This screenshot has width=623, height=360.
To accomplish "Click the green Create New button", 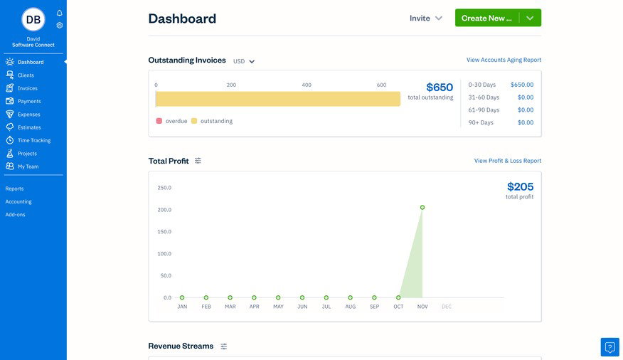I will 487,18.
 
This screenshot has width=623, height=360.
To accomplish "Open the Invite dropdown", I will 426,18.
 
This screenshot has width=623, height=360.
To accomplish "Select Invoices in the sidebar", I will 27,88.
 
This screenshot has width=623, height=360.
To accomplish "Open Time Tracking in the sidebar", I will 33,140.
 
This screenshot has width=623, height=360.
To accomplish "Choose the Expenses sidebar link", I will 28,114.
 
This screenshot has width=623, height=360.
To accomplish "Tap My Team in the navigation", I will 28,166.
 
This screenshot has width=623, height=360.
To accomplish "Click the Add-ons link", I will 15,214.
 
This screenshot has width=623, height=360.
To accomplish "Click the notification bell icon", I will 60,13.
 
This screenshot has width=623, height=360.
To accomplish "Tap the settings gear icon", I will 60,25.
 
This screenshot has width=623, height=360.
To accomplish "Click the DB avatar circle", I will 33,19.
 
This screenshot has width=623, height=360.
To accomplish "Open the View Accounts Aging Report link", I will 504,60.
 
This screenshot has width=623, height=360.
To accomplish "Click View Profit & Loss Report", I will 507,161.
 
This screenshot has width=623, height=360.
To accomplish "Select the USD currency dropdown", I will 244,61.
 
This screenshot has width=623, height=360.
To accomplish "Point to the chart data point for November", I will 422,208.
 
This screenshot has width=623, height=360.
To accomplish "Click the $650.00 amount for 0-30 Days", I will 521,85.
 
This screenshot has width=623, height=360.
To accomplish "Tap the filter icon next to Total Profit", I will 198,161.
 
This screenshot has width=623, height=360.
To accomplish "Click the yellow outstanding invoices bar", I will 277,99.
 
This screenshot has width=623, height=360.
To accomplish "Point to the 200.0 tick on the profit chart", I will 164,210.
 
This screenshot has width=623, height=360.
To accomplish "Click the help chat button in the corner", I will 609,347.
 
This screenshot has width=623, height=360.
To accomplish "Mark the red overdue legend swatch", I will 159,121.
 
